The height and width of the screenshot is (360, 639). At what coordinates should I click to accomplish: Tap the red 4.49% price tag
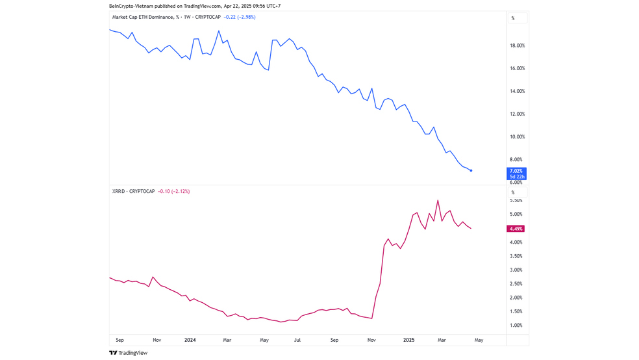tap(516, 229)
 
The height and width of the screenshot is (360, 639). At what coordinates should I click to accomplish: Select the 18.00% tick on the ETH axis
tap(517, 45)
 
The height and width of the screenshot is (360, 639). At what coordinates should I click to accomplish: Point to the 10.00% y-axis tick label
tap(517, 136)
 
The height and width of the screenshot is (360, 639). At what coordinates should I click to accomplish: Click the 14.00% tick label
tap(517, 91)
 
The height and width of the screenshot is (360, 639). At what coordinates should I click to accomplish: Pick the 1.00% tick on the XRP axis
tap(516, 325)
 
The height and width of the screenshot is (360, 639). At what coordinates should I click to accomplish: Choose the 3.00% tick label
tap(516, 270)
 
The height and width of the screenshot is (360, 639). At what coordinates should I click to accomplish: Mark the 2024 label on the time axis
tap(190, 340)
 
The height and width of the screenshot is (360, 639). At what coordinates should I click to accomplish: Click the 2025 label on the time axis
tap(408, 340)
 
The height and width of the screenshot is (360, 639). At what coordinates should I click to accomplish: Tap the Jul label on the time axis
tap(297, 340)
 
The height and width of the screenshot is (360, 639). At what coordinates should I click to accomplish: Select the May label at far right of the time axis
tap(479, 340)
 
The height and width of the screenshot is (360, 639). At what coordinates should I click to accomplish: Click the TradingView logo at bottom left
tap(128, 353)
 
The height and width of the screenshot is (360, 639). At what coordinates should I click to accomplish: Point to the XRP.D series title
tap(133, 191)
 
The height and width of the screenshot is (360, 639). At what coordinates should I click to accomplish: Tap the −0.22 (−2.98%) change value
tap(239, 17)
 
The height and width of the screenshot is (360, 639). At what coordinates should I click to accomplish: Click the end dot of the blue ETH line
tap(471, 171)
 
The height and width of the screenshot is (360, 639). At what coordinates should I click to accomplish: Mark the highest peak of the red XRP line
tap(438, 200)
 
